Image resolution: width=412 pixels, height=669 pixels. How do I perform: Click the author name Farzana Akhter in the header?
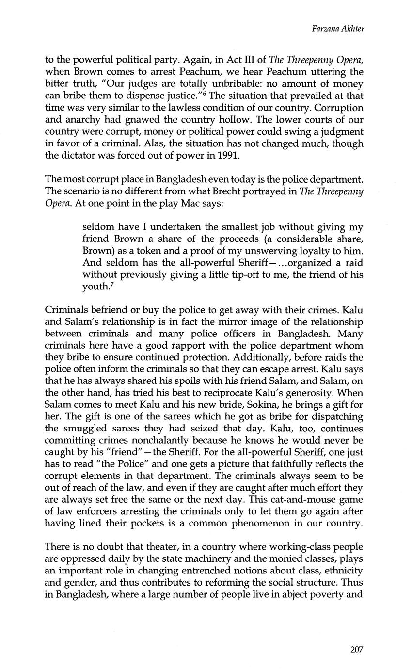click(x=338, y=29)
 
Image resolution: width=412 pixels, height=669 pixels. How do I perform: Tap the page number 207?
click(x=356, y=650)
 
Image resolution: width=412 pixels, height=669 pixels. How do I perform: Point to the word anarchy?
click(x=80, y=120)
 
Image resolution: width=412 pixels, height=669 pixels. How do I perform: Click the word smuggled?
click(x=85, y=429)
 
